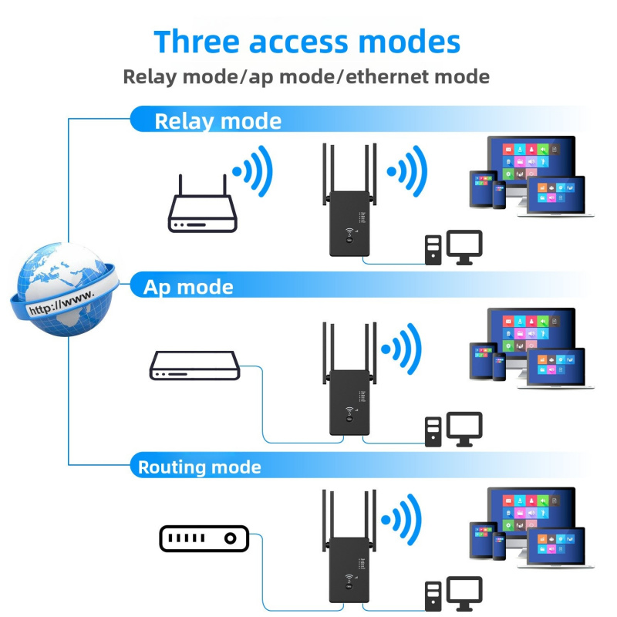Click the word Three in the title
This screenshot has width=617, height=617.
[x=197, y=42]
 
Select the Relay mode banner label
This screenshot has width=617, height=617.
[x=218, y=121]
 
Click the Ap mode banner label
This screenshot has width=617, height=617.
[x=188, y=287]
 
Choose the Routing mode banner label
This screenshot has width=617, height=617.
[x=200, y=467]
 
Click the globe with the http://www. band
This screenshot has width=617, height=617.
[x=64, y=289]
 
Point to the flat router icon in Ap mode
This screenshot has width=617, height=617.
[x=195, y=366]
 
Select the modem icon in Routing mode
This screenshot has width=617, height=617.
[x=204, y=538]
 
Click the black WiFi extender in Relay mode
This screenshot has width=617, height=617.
[x=349, y=201]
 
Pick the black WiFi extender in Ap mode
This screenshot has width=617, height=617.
[x=349, y=379]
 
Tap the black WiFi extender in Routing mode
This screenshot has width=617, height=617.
[x=349, y=547]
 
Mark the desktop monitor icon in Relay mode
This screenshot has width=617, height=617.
[x=464, y=247]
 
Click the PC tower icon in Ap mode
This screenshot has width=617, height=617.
[x=433, y=432]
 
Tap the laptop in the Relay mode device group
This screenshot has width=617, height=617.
[x=555, y=197]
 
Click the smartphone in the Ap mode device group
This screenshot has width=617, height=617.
[x=499, y=367]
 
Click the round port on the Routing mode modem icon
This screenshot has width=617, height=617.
[x=230, y=538]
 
